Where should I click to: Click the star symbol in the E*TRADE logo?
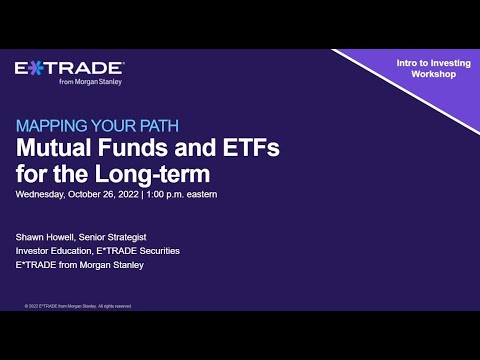[x=32, y=68]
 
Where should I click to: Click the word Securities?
[x=158, y=250]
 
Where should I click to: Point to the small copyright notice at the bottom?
[x=78, y=306]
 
